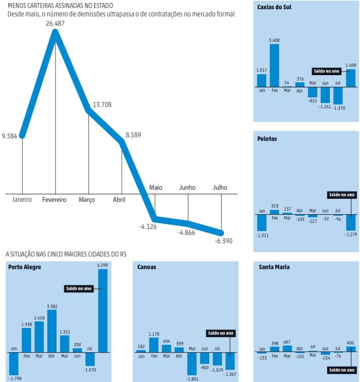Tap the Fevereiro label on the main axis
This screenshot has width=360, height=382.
55,199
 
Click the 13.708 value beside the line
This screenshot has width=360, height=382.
102,105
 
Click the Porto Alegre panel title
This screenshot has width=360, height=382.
25,267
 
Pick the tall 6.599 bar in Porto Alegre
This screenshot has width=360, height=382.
103,310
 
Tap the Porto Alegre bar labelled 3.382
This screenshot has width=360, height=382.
52,331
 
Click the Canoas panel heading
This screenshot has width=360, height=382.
147,267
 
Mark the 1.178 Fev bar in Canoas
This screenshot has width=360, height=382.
154,345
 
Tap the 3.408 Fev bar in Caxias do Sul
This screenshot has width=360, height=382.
274,65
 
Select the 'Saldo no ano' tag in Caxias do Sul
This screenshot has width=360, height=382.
326,71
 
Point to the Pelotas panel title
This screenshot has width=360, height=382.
267,138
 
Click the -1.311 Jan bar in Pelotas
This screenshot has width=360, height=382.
262,222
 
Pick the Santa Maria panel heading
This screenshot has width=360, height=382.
274,267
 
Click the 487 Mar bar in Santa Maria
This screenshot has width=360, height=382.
287,349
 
